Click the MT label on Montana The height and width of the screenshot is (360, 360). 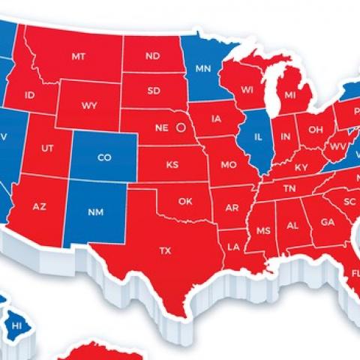click(x=78, y=56)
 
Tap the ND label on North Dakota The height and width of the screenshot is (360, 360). click(x=153, y=56)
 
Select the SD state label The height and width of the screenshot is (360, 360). click(x=154, y=91)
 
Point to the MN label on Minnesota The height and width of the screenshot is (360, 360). click(x=202, y=69)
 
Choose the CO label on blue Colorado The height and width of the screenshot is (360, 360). click(x=105, y=157)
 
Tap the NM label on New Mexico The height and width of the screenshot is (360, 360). click(x=94, y=211)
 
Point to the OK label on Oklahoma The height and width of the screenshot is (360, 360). click(x=185, y=200)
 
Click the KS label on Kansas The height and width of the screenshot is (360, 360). click(x=172, y=164)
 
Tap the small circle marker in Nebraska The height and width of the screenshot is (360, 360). click(x=179, y=128)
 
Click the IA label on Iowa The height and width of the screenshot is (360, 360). click(x=217, y=118)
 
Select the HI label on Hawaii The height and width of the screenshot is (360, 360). click(x=16, y=325)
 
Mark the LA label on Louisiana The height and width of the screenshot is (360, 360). click(x=233, y=246)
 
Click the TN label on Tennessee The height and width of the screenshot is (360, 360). click(x=289, y=189)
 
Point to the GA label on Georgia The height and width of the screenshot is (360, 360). click(x=327, y=222)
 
